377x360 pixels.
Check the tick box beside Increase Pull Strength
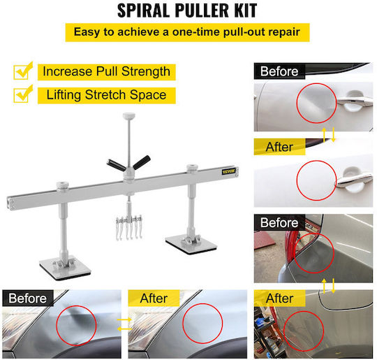point(22,71)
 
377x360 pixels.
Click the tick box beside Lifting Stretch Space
point(22,94)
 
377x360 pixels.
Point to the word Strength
point(146,72)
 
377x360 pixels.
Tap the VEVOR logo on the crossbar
point(228,171)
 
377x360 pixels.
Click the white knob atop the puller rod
point(129,116)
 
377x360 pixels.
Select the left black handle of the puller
point(116,165)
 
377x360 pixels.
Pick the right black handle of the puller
point(142,162)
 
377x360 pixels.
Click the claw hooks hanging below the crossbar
point(129,228)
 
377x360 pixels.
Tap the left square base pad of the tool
point(65,268)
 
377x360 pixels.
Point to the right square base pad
point(191,245)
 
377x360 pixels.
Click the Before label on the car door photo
point(279,71)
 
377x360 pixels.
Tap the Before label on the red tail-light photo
point(279,223)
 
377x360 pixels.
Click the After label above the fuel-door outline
point(279,298)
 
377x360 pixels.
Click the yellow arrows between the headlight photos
point(124,324)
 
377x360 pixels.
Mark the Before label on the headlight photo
point(28,298)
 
